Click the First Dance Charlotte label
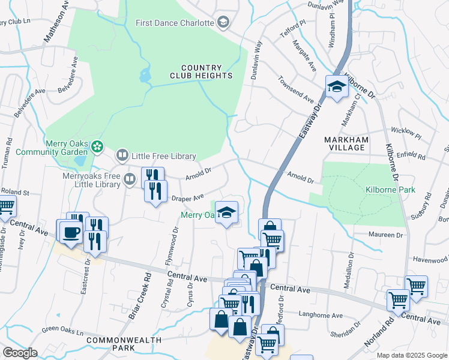click(175, 23)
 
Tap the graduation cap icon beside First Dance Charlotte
click(223, 23)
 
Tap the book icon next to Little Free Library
click(122, 156)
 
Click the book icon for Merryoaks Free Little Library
click(130, 179)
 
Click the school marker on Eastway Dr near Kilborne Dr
click(337, 87)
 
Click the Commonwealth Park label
click(124, 343)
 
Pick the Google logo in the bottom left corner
click(20, 353)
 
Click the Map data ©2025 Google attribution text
click(412, 355)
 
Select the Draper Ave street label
click(188, 197)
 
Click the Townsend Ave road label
click(296, 89)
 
